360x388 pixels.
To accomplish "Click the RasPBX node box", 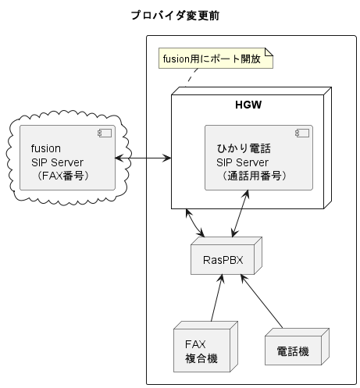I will [223, 260].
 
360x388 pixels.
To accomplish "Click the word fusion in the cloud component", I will [46, 148].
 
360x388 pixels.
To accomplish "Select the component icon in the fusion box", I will [105, 134].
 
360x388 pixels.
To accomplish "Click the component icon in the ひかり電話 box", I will [301, 134].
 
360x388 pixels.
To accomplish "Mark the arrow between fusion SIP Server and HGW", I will [143, 158].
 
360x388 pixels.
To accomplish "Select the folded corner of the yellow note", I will [269, 52].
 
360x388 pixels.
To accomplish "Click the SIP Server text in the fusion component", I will [57, 162].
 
